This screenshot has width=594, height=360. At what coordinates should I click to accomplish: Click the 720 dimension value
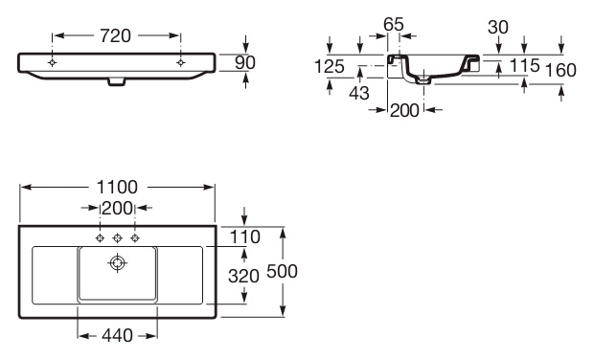tap(116, 36)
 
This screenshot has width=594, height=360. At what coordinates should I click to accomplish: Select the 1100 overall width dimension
tap(118, 187)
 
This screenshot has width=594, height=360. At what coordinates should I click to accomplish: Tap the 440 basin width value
tap(118, 335)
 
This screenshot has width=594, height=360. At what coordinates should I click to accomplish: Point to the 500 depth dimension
tap(283, 271)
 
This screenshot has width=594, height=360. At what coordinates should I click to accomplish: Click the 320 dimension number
tap(243, 277)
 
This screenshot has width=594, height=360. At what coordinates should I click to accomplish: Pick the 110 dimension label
tap(245, 237)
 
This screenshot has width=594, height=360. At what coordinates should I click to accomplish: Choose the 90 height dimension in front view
tap(245, 63)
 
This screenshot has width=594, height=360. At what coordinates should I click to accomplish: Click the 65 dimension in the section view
tap(394, 25)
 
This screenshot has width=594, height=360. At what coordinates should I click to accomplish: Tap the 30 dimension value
tap(498, 27)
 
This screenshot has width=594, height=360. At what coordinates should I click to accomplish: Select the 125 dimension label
tap(330, 67)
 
